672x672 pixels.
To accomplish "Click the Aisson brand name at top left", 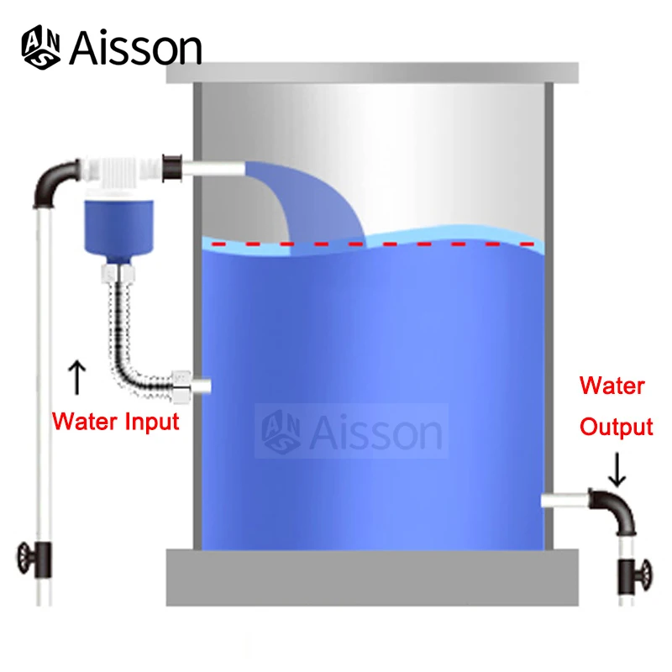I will coord(135,48).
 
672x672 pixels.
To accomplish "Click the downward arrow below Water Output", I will coord(617,468).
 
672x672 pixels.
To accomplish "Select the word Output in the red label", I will coord(616,427).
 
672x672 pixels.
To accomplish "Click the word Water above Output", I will coord(612,386).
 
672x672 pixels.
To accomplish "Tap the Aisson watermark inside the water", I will coord(353,432).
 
